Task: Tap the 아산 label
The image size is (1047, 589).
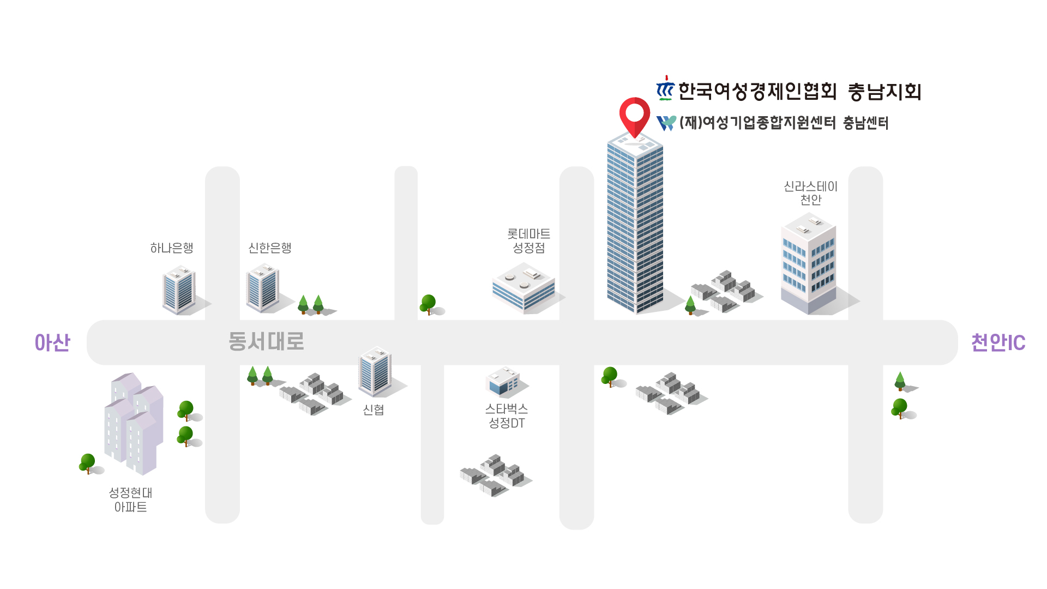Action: click(52, 342)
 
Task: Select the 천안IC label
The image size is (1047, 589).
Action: click(998, 342)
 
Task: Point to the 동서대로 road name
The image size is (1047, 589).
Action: click(266, 341)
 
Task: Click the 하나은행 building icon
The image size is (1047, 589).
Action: click(179, 290)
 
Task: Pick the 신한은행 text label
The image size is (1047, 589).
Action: click(270, 248)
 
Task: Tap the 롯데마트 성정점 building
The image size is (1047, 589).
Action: click(523, 287)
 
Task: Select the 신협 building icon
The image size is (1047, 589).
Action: click(375, 371)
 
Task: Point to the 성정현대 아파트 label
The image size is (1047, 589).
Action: click(130, 500)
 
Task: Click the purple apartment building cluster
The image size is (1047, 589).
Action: click(134, 423)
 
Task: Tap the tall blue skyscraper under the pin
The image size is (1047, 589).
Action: click(635, 224)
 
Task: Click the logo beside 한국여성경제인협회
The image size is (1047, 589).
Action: click(665, 89)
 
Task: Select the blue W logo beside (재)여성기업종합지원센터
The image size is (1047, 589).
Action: click(666, 123)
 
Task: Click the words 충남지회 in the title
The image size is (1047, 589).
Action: click(884, 92)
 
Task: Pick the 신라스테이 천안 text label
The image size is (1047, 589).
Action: click(810, 193)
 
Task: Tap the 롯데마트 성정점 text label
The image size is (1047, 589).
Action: click(528, 241)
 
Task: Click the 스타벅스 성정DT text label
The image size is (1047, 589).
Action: click(507, 416)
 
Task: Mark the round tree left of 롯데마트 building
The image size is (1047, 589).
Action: click(429, 304)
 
